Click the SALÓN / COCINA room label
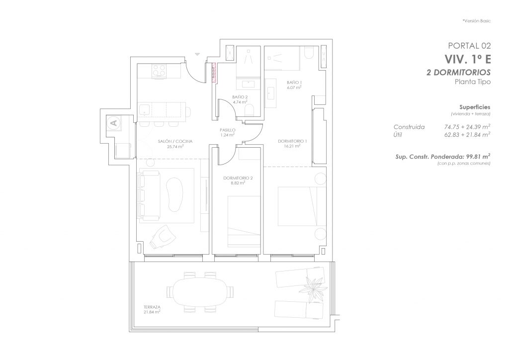click(x=175, y=141)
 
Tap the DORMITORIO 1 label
click(x=292, y=141)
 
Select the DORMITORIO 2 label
click(x=238, y=178)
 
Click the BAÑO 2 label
click(x=240, y=97)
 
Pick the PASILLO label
click(x=228, y=130)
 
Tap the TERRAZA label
click(x=152, y=307)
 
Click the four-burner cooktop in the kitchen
click(x=159, y=71)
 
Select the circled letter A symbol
click(x=114, y=123)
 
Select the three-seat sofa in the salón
click(x=149, y=195)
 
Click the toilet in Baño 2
click(x=250, y=110)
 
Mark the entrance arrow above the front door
click(x=197, y=54)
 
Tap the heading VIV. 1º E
click(x=467, y=59)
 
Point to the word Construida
click(x=409, y=127)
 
